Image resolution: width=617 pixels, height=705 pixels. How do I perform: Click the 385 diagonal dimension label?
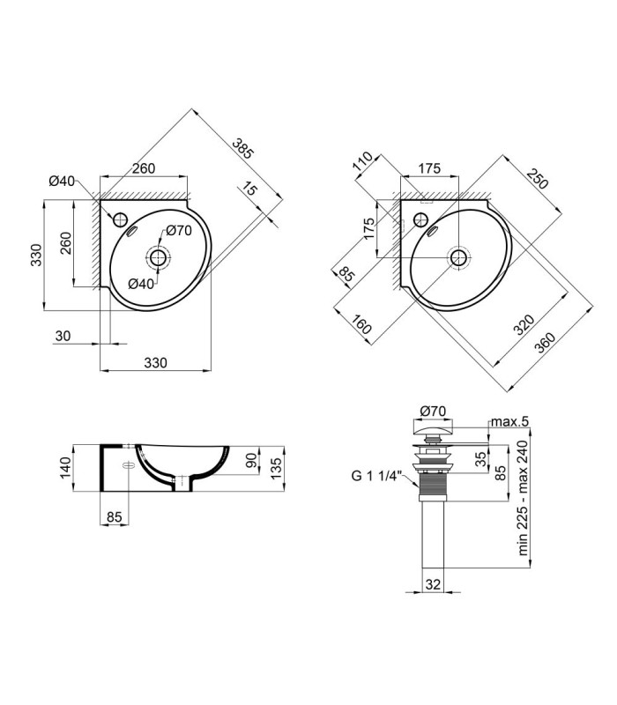(243, 148)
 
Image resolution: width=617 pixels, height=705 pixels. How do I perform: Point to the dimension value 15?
(249, 189)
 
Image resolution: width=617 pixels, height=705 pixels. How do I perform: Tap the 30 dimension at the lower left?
(63, 336)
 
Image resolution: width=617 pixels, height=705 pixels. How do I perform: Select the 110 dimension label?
(363, 162)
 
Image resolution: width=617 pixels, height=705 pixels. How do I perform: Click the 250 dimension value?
(538, 179)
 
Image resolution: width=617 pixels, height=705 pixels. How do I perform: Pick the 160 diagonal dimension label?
(361, 324)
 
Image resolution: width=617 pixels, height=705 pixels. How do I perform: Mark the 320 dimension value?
(524, 324)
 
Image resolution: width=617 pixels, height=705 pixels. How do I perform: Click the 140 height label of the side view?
(65, 468)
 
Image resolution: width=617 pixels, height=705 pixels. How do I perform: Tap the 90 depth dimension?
(251, 460)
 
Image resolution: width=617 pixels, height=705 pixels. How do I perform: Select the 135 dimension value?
(276, 468)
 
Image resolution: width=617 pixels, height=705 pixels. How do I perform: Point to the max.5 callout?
(509, 422)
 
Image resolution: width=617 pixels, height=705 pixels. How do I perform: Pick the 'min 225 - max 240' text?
(523, 498)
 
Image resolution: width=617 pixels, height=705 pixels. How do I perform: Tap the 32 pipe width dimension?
(433, 584)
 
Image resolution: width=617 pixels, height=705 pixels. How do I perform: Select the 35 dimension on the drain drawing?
(481, 458)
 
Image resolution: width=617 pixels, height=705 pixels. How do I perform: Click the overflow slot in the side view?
(128, 465)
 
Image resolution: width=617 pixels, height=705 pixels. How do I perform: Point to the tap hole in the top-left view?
(120, 219)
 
